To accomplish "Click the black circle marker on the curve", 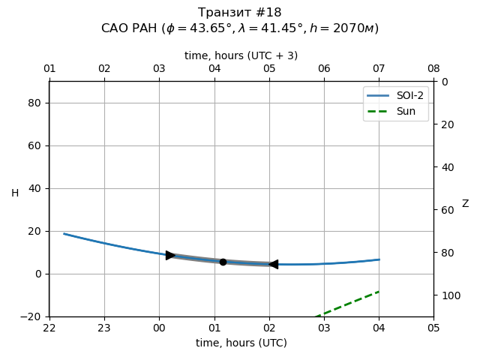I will tap(223, 262).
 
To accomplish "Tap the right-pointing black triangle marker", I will tap(170, 256).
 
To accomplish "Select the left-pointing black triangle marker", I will tap(274, 264).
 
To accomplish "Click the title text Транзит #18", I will tap(240, 13).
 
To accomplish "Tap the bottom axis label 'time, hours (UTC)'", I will tap(241, 343).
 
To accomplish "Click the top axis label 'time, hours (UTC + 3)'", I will tap(241, 55).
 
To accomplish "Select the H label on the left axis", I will tap(15, 193).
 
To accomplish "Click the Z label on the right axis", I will tap(465, 204).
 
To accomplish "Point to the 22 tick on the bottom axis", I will tap(49, 328).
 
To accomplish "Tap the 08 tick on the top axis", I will tap(433, 69).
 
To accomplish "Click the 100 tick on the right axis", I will tap(448, 295).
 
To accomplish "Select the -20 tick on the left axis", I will tap(33, 316).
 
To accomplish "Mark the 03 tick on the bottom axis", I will tap(324, 328).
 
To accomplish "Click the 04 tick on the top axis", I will tap(214, 69).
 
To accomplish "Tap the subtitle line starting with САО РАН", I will tap(240, 28).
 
